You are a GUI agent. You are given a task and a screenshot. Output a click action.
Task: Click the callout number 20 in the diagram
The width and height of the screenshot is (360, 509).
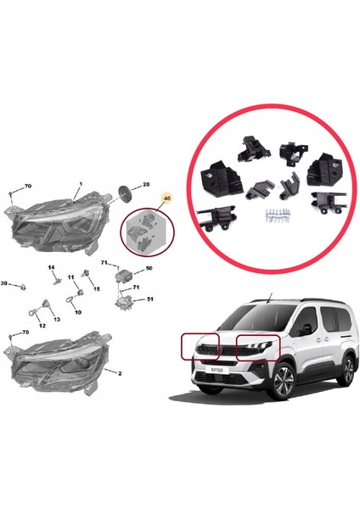(145, 184)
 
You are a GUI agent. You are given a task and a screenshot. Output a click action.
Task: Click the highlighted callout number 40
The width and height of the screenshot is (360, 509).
(166, 199)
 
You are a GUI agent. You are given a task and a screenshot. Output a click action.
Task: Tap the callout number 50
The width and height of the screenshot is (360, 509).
(149, 268)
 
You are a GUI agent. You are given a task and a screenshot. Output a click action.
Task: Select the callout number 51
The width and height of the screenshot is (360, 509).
(150, 299)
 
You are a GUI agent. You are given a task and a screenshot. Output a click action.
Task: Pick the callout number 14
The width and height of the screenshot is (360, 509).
(51, 269)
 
